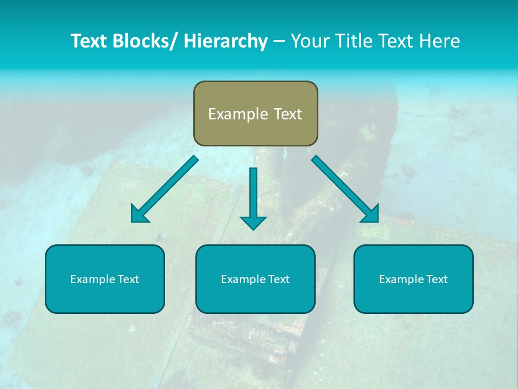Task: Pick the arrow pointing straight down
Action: pyautogui.click(x=253, y=197)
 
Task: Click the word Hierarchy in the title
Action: pyautogui.click(x=226, y=41)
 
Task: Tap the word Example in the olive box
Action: pyautogui.click(x=238, y=114)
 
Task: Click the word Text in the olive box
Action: pyautogui.click(x=287, y=114)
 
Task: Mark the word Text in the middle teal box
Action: pyautogui.click(x=278, y=279)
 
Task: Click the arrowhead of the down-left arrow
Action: pyautogui.click(x=139, y=214)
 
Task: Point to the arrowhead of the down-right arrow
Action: pyautogui.click(x=371, y=214)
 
